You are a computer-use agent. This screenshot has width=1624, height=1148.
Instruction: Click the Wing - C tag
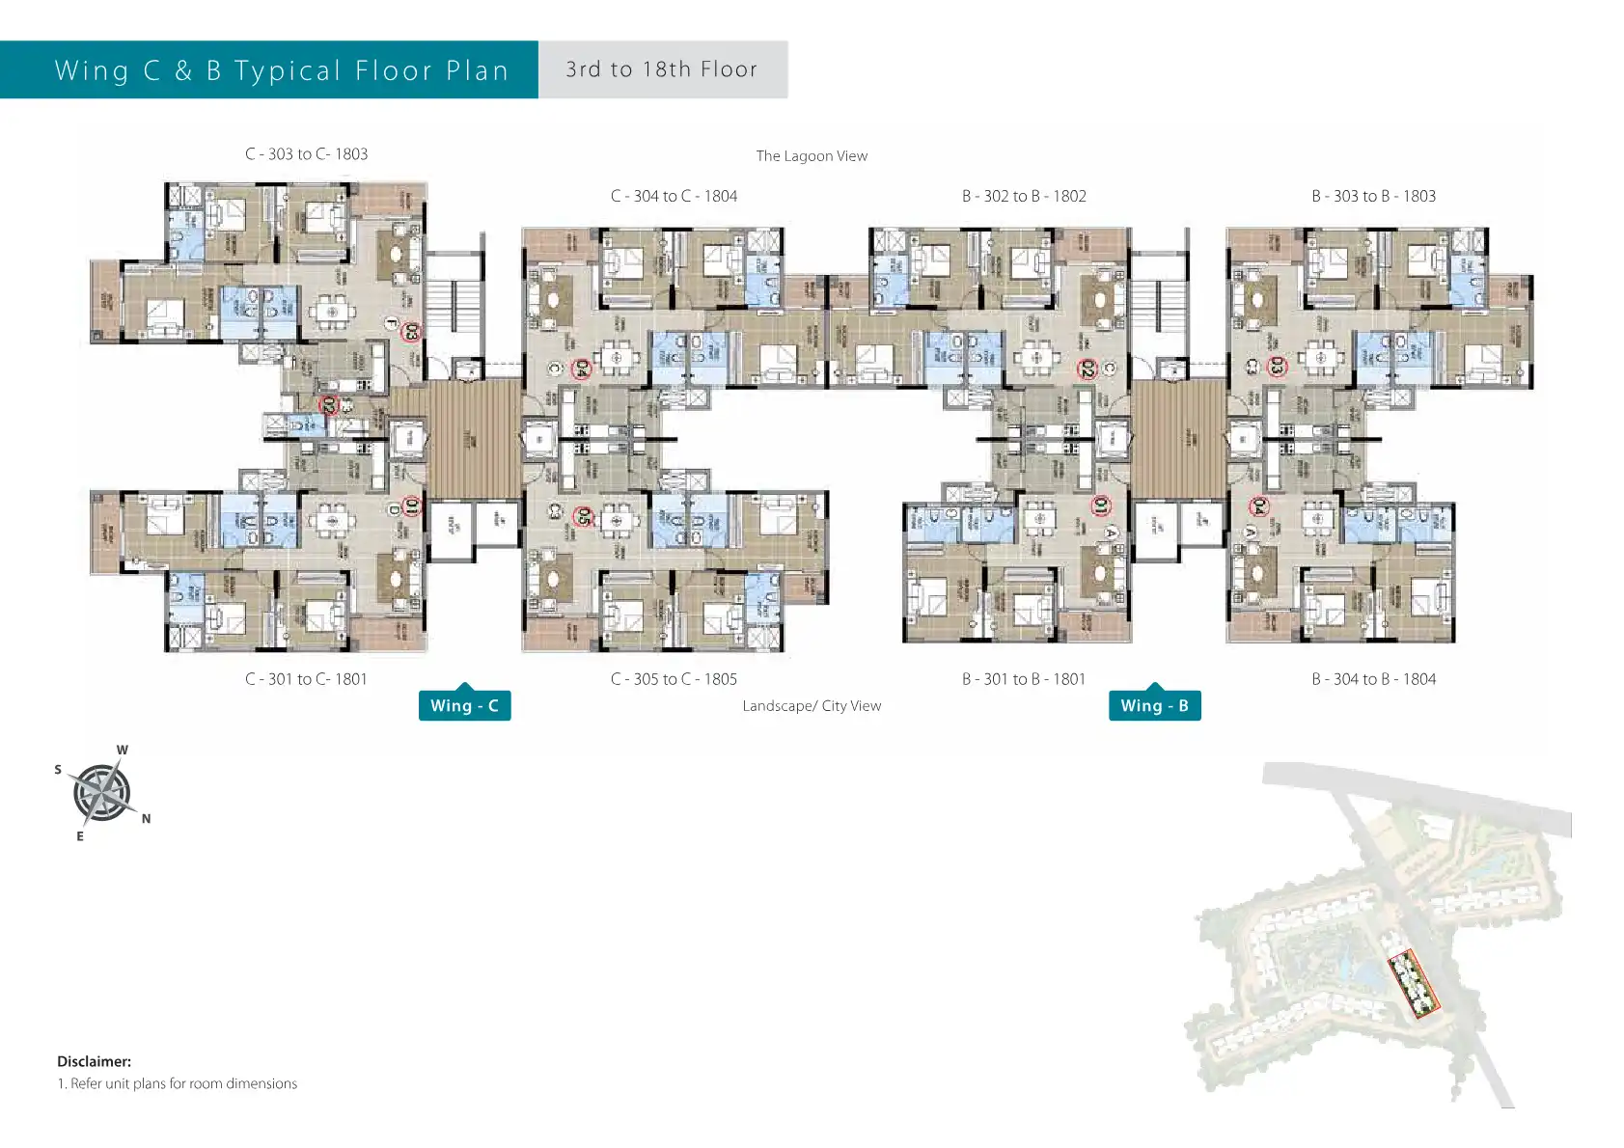tap(464, 705)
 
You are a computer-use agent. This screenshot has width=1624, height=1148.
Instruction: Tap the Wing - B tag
tap(1154, 705)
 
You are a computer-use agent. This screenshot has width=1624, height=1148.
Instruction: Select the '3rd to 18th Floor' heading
tap(662, 69)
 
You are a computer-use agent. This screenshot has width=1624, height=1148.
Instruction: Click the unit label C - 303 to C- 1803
tap(306, 154)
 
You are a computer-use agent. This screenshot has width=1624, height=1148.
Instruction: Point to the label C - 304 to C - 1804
tap(674, 196)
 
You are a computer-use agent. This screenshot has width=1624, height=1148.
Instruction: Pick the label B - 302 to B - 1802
tap(1024, 196)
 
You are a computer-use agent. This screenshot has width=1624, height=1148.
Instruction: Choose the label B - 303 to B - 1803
tap(1373, 196)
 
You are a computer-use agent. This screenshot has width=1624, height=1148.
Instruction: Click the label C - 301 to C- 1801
tap(306, 679)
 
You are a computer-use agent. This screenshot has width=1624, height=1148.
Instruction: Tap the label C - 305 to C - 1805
tap(674, 679)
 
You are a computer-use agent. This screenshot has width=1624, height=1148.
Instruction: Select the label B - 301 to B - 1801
tap(1024, 679)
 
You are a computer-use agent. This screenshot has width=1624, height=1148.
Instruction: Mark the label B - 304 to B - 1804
tap(1373, 679)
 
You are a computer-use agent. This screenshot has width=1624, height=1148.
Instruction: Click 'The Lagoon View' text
tap(812, 156)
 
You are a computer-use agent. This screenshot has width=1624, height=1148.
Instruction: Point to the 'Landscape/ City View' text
tap(812, 706)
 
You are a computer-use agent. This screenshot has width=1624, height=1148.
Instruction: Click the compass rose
tap(101, 793)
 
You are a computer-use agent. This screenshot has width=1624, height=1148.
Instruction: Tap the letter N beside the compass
tap(146, 819)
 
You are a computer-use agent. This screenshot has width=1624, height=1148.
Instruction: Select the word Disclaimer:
tap(94, 1061)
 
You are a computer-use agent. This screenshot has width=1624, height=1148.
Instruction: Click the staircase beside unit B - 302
tap(1157, 304)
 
